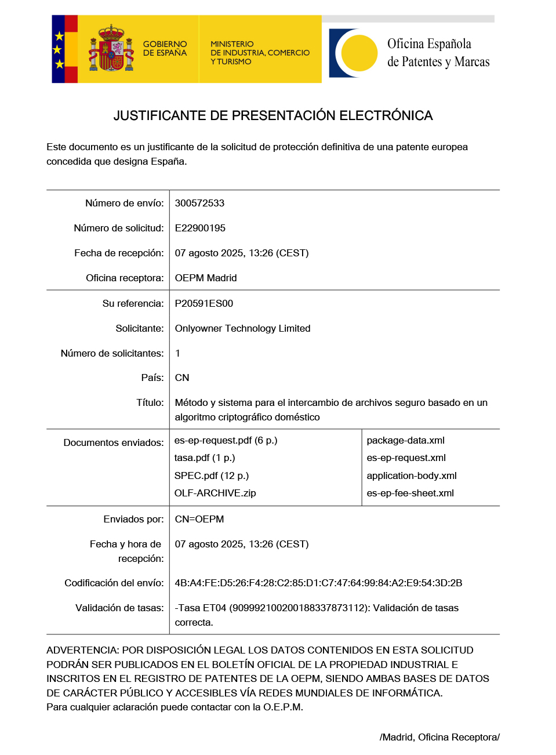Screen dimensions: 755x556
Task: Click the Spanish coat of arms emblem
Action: (111, 49)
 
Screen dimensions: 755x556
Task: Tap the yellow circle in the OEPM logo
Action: (359, 53)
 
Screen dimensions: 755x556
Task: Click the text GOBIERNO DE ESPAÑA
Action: (165, 49)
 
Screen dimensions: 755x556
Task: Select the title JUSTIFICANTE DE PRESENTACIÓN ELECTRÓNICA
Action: (273, 115)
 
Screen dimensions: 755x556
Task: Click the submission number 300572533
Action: (199, 203)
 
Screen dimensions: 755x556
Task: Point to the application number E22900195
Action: (200, 228)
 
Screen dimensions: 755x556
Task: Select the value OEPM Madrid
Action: (206, 278)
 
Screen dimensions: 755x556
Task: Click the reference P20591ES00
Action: (204, 303)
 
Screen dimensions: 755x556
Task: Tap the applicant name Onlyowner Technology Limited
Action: (242, 328)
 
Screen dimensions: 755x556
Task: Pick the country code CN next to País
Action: (182, 377)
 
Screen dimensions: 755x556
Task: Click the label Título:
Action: (150, 402)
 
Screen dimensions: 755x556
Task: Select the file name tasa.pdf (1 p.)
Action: (205, 458)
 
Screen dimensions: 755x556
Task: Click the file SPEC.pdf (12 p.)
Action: (212, 475)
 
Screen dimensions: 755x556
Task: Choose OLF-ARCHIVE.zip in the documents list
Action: (215, 493)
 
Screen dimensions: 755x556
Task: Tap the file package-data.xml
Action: (406, 440)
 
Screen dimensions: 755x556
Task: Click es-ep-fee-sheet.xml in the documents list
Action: (410, 493)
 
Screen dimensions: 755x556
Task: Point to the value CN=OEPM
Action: (199, 519)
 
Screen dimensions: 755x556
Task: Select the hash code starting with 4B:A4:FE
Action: (318, 583)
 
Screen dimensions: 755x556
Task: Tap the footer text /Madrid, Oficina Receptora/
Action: (439, 737)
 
